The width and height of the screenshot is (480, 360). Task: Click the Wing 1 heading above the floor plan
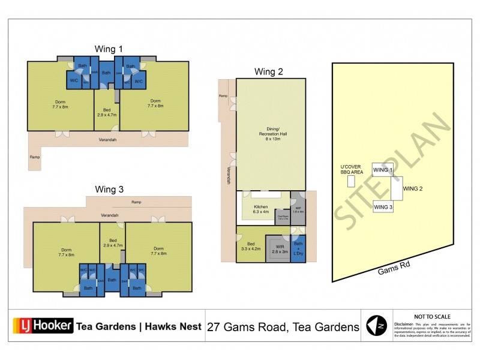point(109,49)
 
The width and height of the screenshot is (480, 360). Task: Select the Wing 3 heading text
point(109,189)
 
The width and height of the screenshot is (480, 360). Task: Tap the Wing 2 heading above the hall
point(269,71)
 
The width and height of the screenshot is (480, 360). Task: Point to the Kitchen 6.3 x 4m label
point(260,209)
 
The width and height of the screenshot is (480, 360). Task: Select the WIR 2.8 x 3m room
point(279,249)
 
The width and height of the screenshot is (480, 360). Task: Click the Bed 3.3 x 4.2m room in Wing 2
point(248,246)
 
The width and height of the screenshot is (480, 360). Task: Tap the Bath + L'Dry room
point(298,248)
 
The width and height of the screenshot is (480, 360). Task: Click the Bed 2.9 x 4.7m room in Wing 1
point(106,113)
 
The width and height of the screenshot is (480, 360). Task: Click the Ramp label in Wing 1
point(34,157)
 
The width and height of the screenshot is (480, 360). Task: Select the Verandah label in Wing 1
point(108,140)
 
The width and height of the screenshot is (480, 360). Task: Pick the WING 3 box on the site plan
point(382,207)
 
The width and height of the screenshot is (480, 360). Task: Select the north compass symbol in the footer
point(376,326)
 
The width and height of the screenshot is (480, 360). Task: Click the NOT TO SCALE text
point(432,317)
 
